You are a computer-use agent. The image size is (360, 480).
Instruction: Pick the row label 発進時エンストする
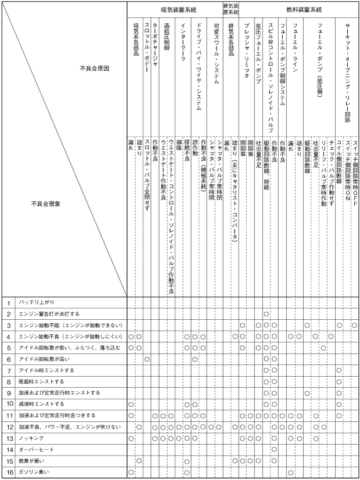tap(41, 381)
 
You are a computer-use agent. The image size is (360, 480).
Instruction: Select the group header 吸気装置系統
tap(178, 10)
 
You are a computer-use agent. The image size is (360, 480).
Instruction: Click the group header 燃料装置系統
tap(304, 10)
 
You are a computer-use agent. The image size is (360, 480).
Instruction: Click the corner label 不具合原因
tap(95, 68)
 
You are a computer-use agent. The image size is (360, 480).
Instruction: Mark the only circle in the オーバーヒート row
tap(274, 449)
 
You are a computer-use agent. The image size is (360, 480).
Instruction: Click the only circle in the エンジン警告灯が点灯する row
tap(266, 314)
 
